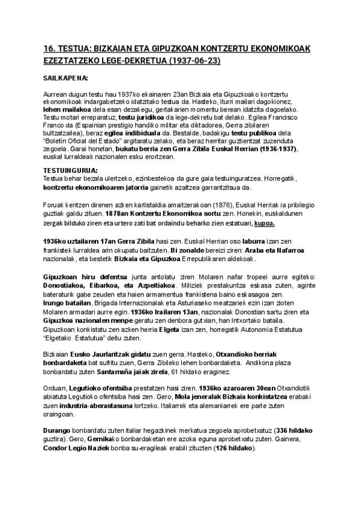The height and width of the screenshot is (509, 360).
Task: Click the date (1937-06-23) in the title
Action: (196, 61)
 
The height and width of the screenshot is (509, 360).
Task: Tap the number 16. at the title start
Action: (50, 48)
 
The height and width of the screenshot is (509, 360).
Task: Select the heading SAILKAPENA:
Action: (66, 78)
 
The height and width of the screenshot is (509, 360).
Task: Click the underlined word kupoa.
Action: (265, 223)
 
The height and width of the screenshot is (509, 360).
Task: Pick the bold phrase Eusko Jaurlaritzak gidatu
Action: (113, 355)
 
